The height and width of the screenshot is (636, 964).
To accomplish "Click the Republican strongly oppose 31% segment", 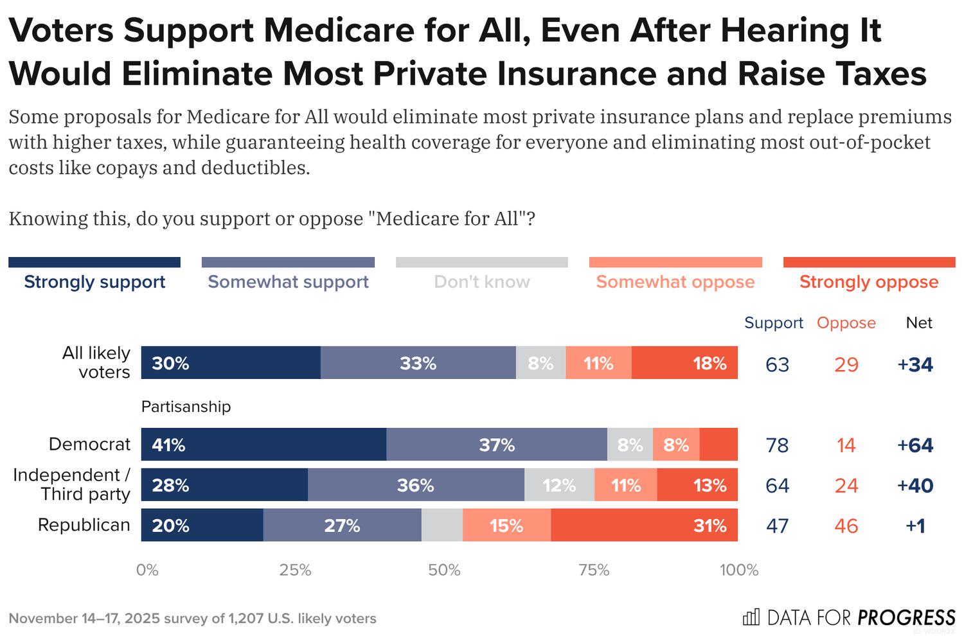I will (x=644, y=525).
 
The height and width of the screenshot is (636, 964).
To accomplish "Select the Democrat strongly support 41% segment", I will (x=263, y=445).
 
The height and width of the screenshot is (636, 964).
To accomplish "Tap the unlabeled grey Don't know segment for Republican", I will (x=442, y=525).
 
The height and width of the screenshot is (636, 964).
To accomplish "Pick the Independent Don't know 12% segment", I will (x=559, y=485).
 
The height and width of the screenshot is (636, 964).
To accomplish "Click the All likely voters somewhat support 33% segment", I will (x=418, y=363).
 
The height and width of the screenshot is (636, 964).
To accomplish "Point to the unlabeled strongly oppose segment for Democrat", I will (x=719, y=445).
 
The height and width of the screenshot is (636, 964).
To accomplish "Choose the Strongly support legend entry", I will (x=94, y=281).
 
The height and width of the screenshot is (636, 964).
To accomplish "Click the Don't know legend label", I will (x=482, y=281).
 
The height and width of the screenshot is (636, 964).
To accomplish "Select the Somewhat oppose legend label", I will (x=675, y=281).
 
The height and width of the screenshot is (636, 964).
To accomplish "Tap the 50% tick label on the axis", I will (x=444, y=570).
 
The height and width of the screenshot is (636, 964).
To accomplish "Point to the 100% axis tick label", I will (x=739, y=570).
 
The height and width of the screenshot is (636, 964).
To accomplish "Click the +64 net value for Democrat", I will (x=915, y=445).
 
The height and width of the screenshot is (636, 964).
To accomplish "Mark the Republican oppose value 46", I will (x=846, y=526).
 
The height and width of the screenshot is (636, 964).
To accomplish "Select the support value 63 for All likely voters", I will (x=777, y=365).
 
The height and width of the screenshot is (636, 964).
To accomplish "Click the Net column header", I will (x=919, y=322).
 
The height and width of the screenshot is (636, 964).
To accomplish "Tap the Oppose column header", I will (x=846, y=322).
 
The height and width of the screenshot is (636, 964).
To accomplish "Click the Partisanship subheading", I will (x=186, y=407).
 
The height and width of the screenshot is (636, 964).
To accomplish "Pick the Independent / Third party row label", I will (x=72, y=484).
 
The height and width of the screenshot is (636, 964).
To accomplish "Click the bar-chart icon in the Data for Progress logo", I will (x=751, y=617).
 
